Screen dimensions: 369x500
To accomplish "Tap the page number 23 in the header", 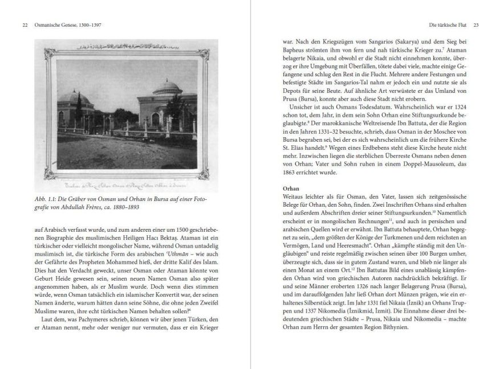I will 476,25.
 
